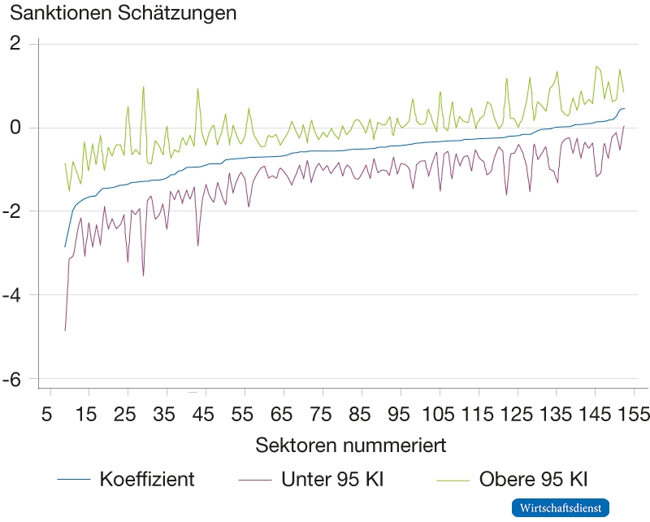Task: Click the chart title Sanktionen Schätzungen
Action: (x=123, y=13)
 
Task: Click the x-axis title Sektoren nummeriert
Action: (x=350, y=446)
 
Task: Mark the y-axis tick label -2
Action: (x=14, y=211)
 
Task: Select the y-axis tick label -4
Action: (x=14, y=295)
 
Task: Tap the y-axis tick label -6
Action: (x=14, y=379)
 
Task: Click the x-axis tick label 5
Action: (x=49, y=415)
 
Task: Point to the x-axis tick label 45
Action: (x=201, y=415)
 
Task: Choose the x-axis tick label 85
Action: (x=359, y=415)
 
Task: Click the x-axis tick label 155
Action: (x=630, y=415)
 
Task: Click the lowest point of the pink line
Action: (x=65, y=331)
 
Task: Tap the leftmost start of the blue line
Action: (x=65, y=246)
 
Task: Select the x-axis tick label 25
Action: (x=123, y=415)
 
